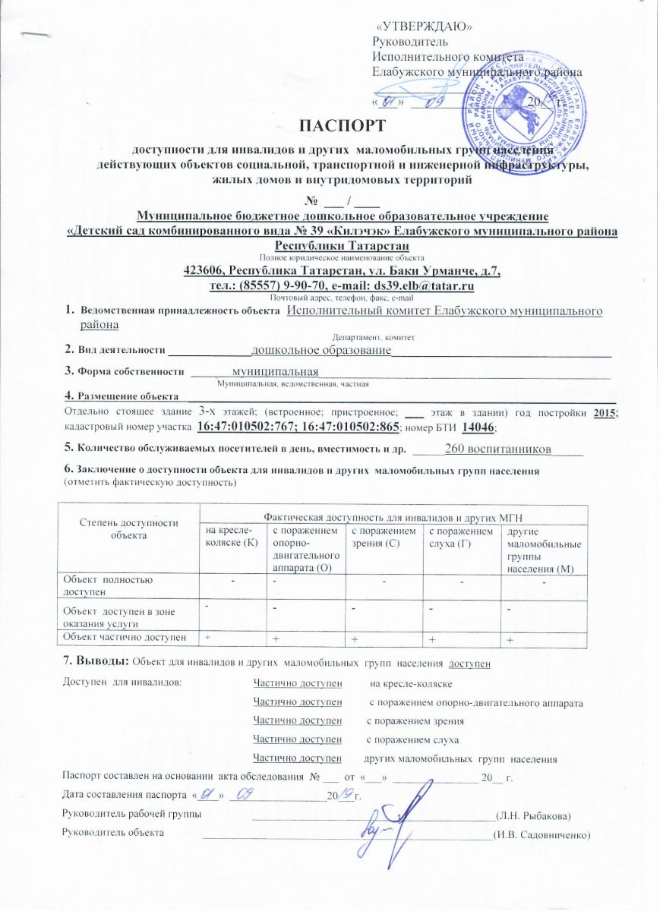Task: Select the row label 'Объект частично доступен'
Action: click(x=125, y=635)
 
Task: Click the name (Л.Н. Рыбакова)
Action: click(x=532, y=815)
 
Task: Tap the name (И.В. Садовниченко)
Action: click(x=541, y=834)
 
